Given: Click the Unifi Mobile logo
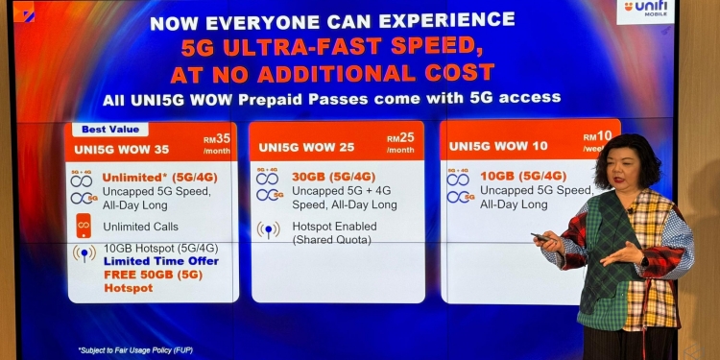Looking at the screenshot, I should [x=646, y=11].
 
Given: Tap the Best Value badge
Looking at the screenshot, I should [x=106, y=129].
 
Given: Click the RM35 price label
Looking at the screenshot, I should [x=217, y=143].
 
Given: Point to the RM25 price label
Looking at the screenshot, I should [x=400, y=143].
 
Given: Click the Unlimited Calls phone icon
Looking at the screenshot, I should [x=84, y=226].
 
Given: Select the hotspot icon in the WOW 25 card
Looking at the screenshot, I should [x=268, y=231].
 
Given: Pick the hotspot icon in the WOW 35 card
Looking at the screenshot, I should [x=84, y=254].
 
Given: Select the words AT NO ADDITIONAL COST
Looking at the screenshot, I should [x=332, y=72].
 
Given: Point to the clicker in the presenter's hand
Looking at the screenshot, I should [x=541, y=236].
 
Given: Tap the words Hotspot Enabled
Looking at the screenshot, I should [x=335, y=227].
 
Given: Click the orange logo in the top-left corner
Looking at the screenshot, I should [x=23, y=12].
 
